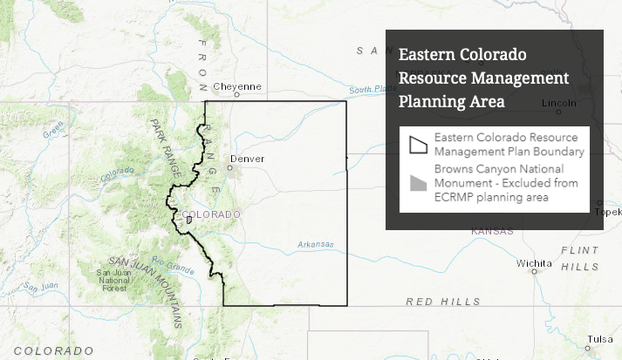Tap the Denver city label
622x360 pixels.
[x=246, y=160]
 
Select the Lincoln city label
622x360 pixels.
[x=558, y=102]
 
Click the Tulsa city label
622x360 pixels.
[x=599, y=339]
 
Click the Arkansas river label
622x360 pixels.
[x=315, y=245]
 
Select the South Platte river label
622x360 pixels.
[x=366, y=90]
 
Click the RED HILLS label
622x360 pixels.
[x=444, y=301]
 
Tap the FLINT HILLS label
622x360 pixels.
[x=580, y=259]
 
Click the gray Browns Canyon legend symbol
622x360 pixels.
[x=419, y=183]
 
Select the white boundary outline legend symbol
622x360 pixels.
[x=419, y=144]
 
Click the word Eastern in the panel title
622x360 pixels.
[x=429, y=54]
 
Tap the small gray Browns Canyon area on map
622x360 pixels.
[x=188, y=221]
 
